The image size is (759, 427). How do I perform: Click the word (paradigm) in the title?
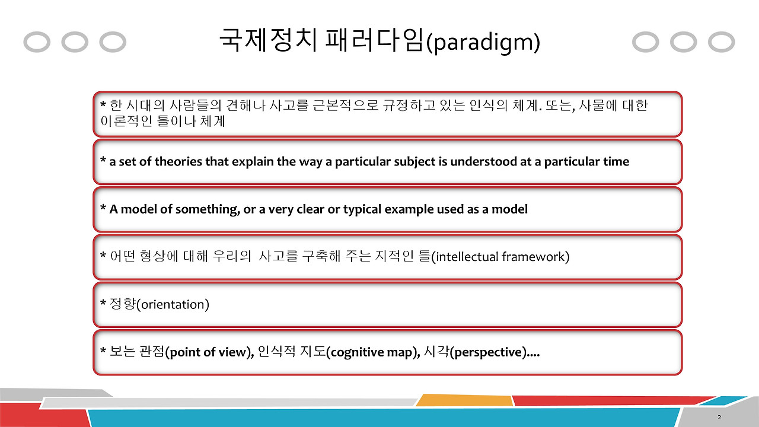[x=483, y=43]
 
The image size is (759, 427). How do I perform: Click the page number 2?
[x=719, y=418]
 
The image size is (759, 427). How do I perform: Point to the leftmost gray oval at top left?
[x=37, y=43]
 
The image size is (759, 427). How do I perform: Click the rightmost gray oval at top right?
[x=722, y=43]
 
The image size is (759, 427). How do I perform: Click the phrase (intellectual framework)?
[x=500, y=257]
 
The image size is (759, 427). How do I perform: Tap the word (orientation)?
[x=173, y=305]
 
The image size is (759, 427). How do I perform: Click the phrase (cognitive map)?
[x=373, y=353]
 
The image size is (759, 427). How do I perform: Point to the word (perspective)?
[x=488, y=353]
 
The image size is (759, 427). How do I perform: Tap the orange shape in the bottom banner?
[x=463, y=400]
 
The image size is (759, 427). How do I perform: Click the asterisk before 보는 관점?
[x=103, y=352]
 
